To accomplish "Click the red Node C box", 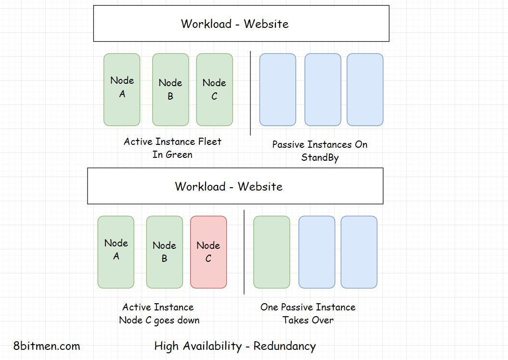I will coord(208,252).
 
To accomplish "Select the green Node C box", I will coord(214,90).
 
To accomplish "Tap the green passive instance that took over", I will coord(272,252).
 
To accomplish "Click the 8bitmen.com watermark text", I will coord(47,346).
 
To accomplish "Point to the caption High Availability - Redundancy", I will coord(235,346).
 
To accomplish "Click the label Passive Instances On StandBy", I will coord(320,151).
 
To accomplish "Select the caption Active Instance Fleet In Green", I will coord(172,148).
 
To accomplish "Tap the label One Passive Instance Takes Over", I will coord(308,313).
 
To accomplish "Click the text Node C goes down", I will coord(159,320).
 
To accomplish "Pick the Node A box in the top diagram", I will coord(122,90).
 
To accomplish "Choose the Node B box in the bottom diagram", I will coord(164,252).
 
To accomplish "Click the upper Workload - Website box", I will coord(241,24).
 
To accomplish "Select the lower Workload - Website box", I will coord(235,186).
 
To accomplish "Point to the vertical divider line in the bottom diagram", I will coord(244,252).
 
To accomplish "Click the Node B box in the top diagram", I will coord(170,90).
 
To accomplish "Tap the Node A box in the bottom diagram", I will coord(116,252).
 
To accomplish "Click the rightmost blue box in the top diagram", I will coord(365,90).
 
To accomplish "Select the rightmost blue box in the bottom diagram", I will coord(359,252).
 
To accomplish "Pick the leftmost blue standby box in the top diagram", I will coord(277,90).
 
